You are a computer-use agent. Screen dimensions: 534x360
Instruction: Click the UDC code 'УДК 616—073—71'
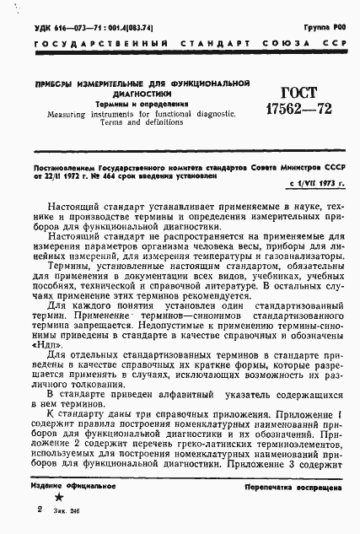tap(63, 28)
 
